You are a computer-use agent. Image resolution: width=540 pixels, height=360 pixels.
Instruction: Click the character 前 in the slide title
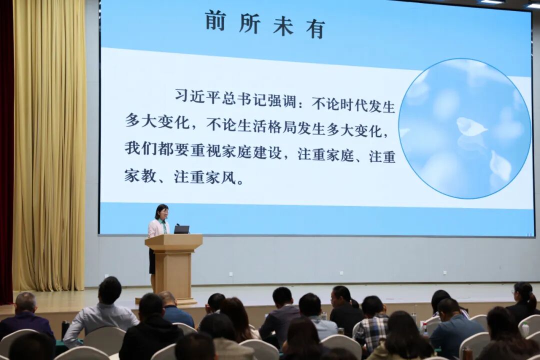215,21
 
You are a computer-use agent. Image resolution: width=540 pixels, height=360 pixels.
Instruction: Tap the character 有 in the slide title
315,29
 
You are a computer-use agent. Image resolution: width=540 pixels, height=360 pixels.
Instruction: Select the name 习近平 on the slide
197,96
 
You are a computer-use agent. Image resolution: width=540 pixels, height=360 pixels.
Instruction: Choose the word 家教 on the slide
140,175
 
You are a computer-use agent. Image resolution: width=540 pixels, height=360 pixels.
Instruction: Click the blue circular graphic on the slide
464,128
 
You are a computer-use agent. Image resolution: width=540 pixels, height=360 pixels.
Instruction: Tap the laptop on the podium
181,229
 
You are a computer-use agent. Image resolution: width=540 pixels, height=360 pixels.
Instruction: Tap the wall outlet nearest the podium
230,274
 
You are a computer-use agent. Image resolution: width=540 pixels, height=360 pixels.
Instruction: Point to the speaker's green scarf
162,224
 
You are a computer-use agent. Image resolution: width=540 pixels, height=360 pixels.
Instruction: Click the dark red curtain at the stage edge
6,150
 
